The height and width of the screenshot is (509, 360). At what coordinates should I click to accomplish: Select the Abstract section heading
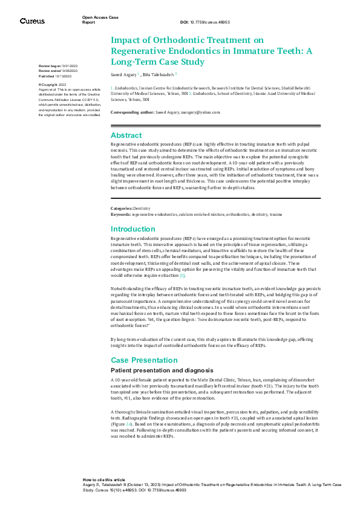point(126,135)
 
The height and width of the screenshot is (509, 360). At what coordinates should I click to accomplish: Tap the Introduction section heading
point(133,229)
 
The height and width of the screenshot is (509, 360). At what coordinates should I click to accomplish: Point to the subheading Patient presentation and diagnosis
point(161,370)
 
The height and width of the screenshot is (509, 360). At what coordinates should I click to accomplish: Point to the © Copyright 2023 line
point(53,85)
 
